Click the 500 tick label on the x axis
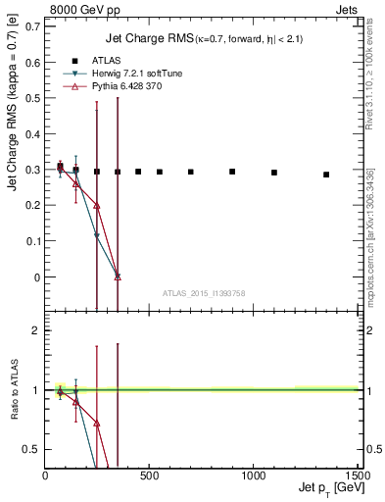[149, 476]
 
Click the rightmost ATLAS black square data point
[326, 175]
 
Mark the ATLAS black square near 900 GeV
[232, 172]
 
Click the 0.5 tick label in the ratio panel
[31, 449]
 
